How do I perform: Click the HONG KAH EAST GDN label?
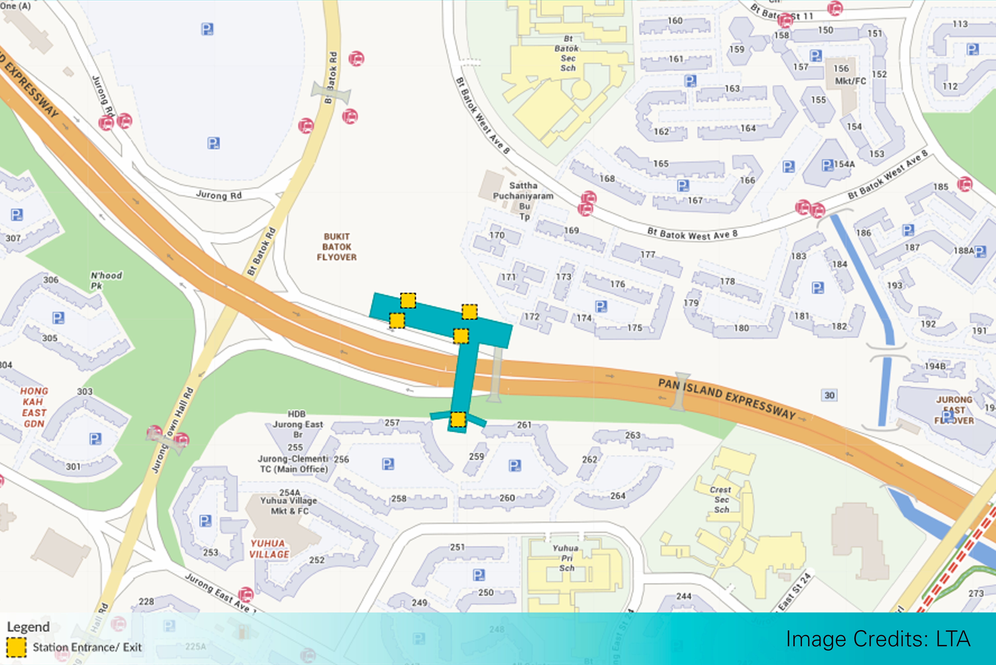pos(34,407)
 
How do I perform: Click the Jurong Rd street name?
pos(219,195)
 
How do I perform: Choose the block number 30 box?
pos(829,395)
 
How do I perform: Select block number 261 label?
pos(524,425)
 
